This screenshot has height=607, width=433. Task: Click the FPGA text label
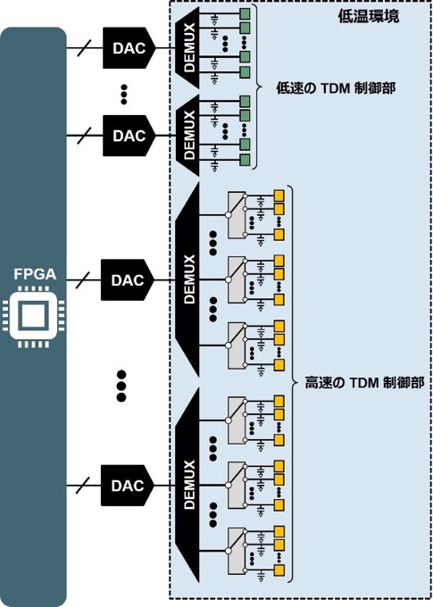(x=35, y=274)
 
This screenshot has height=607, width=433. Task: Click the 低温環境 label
(x=369, y=17)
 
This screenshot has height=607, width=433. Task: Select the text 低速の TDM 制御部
(x=336, y=88)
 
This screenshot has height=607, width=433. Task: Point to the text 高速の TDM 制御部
(x=364, y=383)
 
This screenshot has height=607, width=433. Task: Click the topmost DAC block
(x=129, y=48)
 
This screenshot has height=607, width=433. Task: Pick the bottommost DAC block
(x=128, y=486)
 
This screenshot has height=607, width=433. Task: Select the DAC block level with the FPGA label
(x=128, y=280)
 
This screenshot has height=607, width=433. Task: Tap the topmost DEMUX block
(x=187, y=47)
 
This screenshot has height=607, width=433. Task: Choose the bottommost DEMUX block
(x=187, y=485)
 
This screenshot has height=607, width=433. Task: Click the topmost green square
(x=245, y=14)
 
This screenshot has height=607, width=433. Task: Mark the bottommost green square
(x=245, y=160)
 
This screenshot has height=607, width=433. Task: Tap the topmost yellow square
(x=279, y=195)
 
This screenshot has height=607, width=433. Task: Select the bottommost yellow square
(x=279, y=570)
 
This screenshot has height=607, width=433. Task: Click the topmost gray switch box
(x=237, y=214)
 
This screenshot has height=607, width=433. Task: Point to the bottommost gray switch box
(x=237, y=551)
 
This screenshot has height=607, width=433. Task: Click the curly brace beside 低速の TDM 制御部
(x=257, y=87)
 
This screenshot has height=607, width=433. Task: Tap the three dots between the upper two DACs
(x=124, y=94)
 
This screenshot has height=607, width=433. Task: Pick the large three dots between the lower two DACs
(x=121, y=386)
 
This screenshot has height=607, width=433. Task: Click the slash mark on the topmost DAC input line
(x=84, y=48)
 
